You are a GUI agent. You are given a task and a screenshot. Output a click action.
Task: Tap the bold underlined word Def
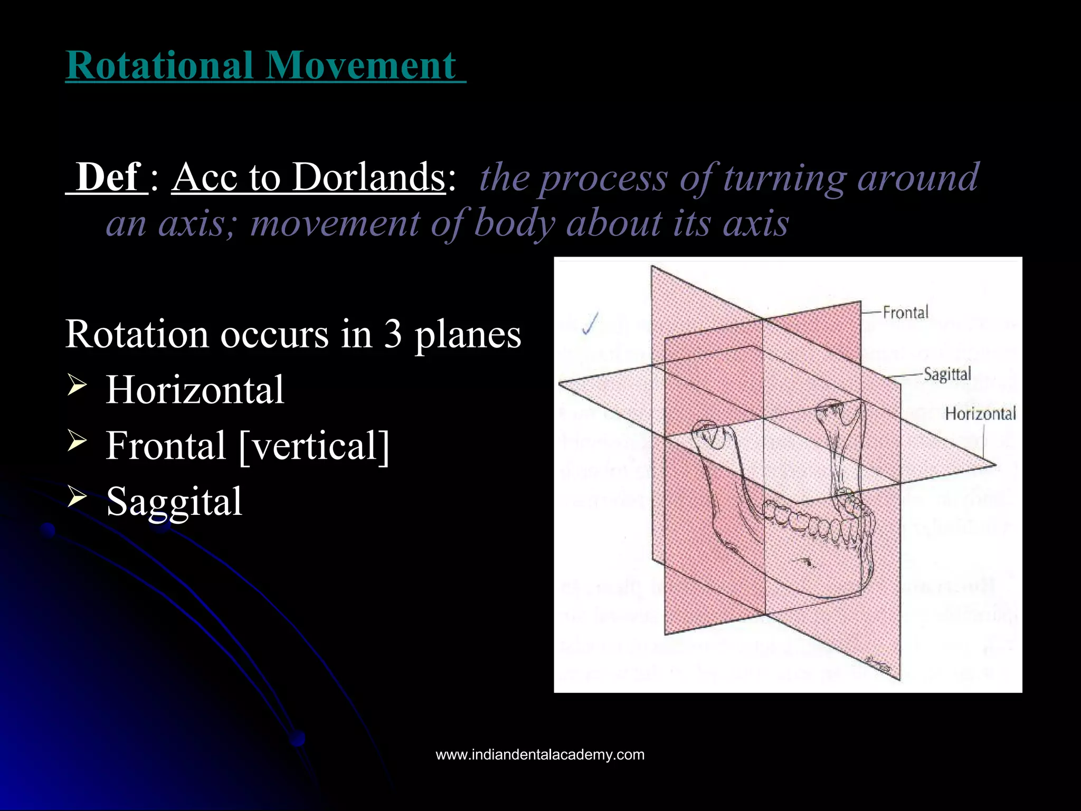(108, 177)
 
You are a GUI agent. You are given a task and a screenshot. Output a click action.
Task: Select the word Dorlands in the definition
(369, 177)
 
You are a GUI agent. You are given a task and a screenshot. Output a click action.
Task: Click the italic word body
(514, 223)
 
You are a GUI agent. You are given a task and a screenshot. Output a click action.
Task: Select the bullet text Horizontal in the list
(195, 390)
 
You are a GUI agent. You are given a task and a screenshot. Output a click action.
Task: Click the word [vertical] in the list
(314, 446)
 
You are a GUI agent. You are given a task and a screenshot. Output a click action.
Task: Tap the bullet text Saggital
(174, 502)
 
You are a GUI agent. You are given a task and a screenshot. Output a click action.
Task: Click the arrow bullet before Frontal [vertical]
(77, 440)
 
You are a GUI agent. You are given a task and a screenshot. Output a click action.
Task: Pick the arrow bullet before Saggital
(77, 496)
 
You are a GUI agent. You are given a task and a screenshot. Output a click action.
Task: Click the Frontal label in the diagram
(905, 313)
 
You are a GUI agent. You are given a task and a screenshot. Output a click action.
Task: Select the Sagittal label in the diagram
(947, 374)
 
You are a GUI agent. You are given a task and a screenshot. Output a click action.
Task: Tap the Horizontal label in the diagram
(980, 413)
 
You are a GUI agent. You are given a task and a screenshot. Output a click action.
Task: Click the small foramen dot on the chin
(808, 562)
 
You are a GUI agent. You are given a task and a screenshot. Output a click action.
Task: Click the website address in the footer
(540, 755)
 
